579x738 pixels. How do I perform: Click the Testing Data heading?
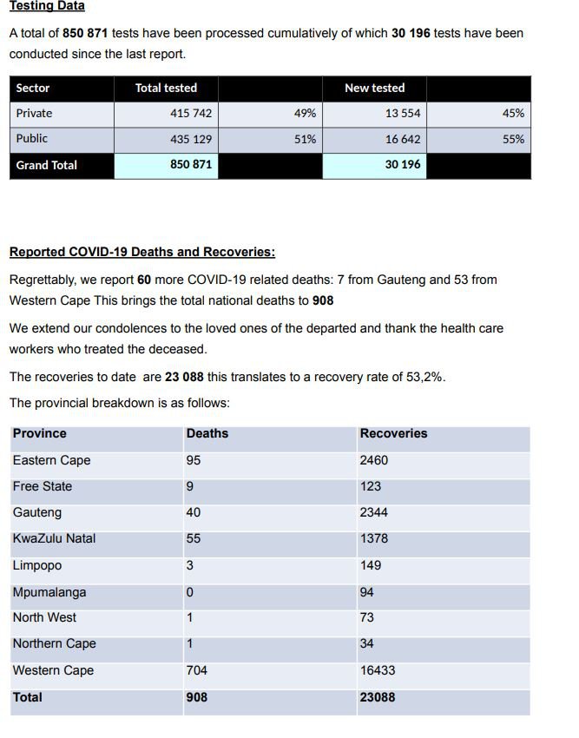tap(47, 6)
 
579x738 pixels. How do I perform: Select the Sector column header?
tap(33, 88)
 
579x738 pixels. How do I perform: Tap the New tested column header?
tap(374, 88)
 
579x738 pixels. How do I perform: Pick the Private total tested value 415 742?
tap(191, 113)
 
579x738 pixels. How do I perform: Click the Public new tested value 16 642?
tap(403, 139)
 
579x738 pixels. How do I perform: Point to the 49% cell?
tap(305, 113)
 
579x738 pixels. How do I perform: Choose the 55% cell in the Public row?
tap(513, 139)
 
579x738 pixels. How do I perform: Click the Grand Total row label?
tap(47, 165)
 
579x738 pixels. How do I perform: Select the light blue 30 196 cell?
tap(403, 165)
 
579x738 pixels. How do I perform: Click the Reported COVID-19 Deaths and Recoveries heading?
tap(142, 252)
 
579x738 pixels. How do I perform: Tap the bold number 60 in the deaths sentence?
tap(145, 280)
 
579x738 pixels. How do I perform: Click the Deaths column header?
tap(207, 433)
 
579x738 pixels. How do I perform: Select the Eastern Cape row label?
tap(51, 460)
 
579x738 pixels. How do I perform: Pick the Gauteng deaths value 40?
tap(194, 512)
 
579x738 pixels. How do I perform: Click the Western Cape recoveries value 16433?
tap(378, 670)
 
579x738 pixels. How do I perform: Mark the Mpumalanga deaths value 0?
tap(190, 592)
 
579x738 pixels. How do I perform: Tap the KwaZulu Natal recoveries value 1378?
tap(374, 538)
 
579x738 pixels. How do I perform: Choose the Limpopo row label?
tap(37, 565)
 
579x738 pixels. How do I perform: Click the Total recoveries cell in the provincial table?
tap(378, 696)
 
